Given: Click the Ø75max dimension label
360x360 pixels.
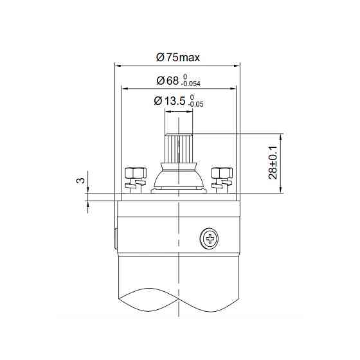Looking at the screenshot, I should click(178, 57).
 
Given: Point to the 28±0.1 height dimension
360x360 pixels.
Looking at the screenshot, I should click(274, 164).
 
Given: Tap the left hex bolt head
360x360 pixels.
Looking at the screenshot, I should click(135, 172).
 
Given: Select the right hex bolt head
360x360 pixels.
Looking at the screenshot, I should click(221, 172).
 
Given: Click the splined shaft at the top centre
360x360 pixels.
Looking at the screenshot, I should click(178, 147).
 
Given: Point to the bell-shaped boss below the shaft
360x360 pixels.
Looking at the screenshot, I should click(178, 177).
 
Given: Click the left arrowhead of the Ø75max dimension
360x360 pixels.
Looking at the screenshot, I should click(118, 65).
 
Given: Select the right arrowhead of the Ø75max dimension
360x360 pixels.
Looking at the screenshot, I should click(237, 65).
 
